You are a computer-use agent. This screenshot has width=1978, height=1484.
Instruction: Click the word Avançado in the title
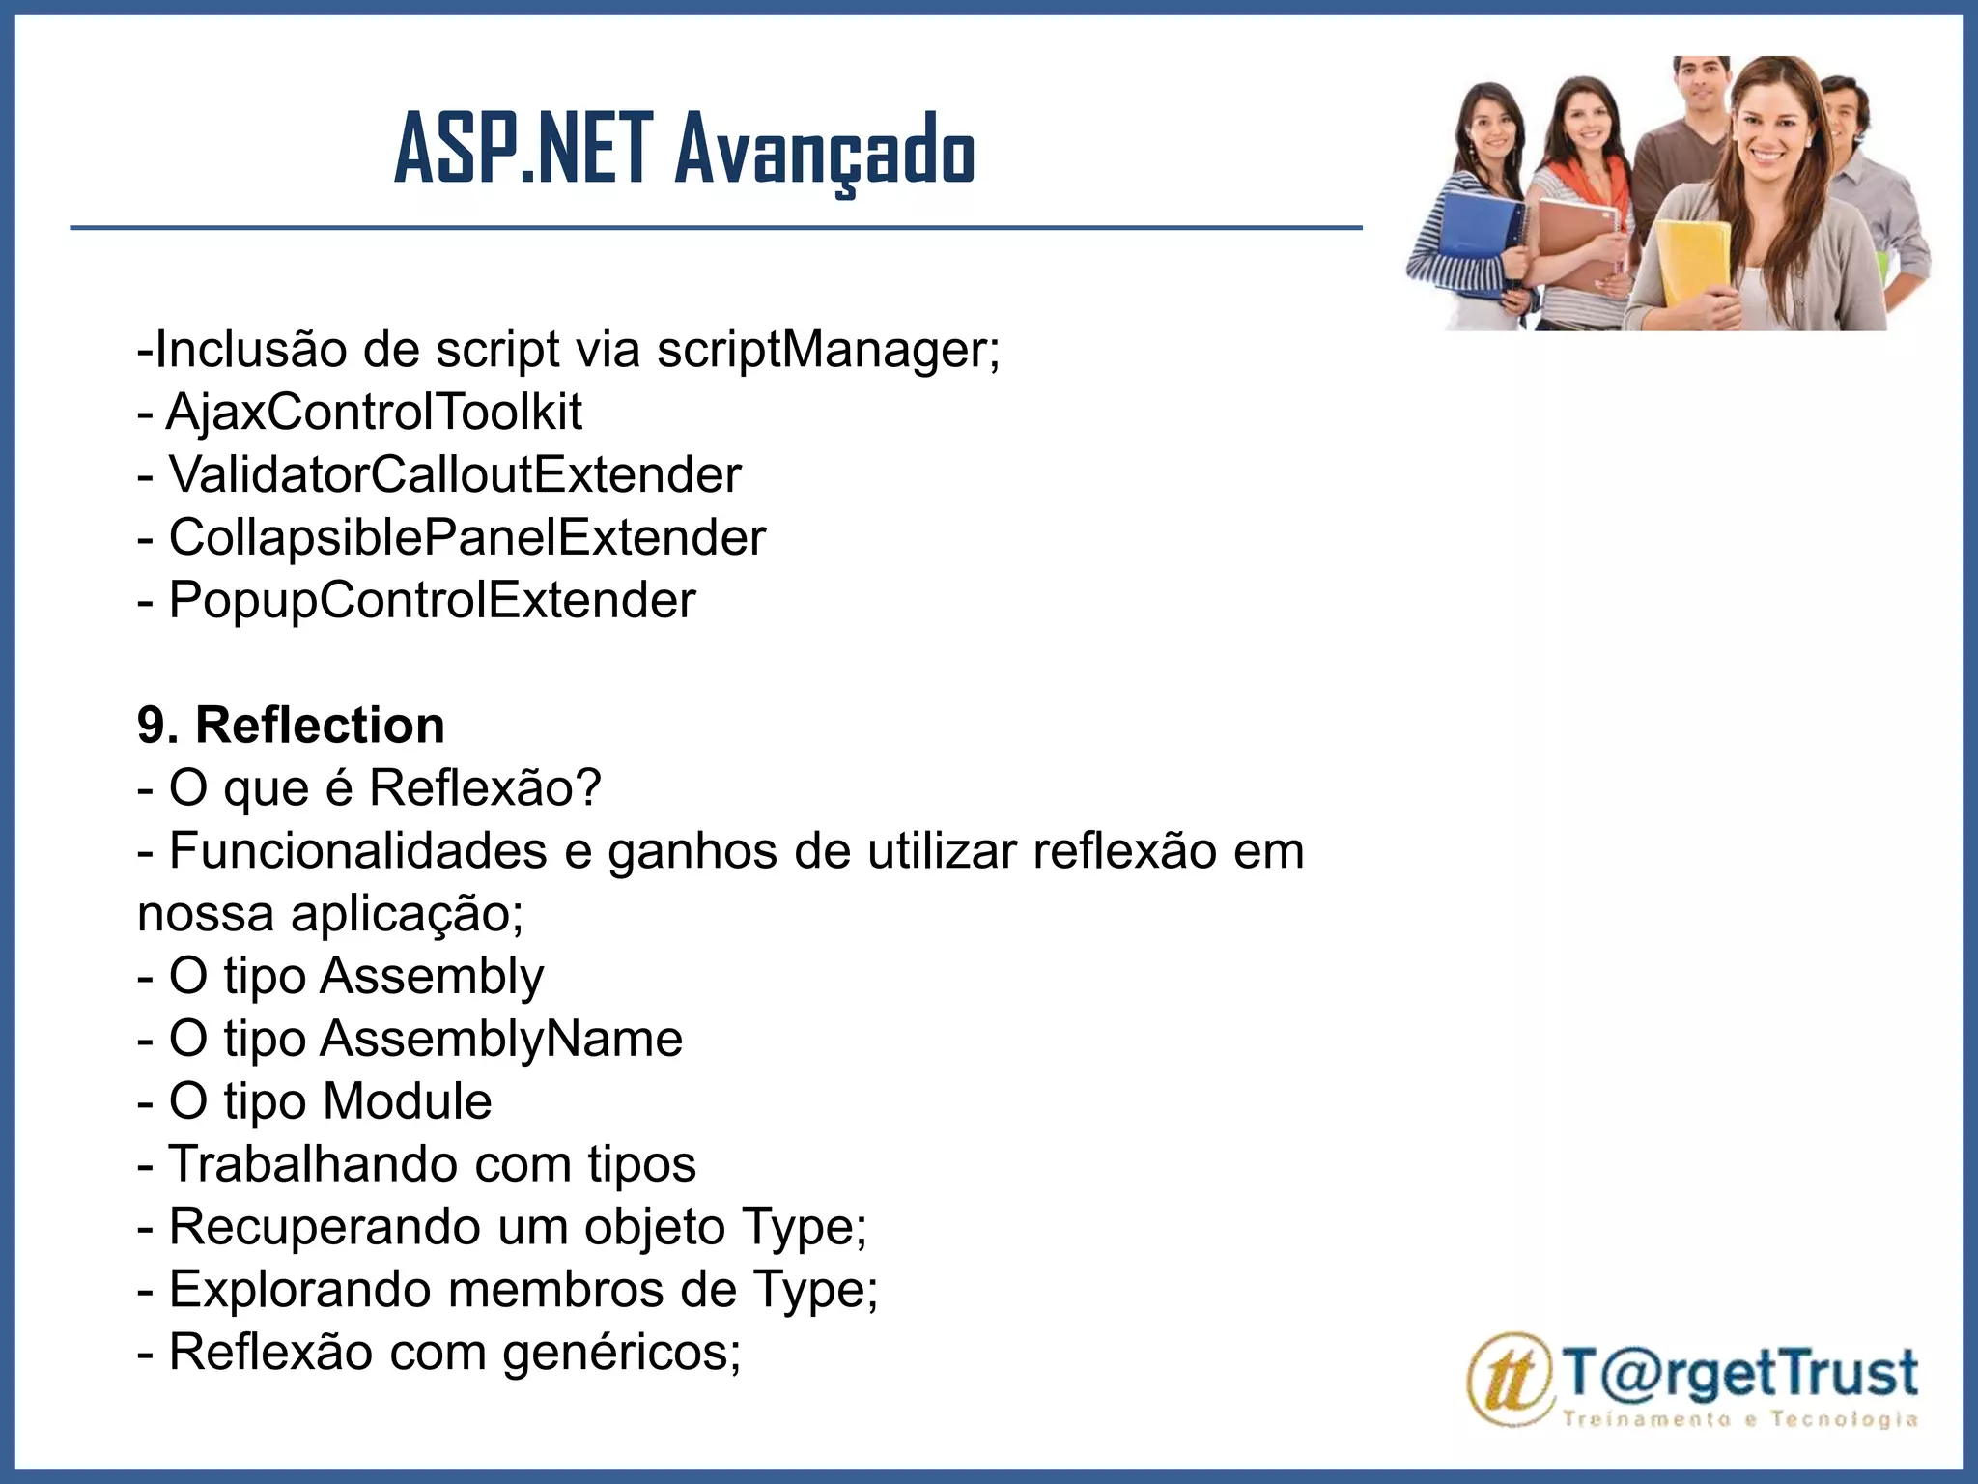click(825, 151)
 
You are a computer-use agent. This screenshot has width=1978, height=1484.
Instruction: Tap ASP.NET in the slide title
click(523, 151)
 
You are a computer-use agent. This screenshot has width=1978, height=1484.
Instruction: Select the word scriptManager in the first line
click(828, 349)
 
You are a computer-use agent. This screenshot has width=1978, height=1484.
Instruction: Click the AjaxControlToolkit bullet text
click(374, 413)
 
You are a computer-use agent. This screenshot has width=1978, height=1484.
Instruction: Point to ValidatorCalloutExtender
click(455, 475)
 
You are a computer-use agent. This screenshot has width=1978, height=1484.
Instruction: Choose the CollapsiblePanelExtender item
click(467, 538)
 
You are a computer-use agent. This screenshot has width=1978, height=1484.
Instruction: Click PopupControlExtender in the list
click(432, 601)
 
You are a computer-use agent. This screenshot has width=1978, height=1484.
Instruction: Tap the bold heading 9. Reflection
click(291, 726)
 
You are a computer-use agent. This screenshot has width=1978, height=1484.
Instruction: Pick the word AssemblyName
click(501, 1039)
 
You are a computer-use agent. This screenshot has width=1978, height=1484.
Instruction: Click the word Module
click(407, 1101)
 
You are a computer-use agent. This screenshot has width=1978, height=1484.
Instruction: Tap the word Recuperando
click(325, 1227)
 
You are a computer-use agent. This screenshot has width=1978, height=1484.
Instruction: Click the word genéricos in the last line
click(622, 1352)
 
